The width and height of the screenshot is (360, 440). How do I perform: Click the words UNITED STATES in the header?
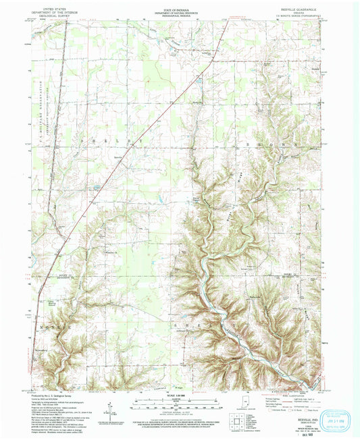tap(48, 3)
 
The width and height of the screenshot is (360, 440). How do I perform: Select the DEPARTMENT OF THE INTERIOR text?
tap(48, 7)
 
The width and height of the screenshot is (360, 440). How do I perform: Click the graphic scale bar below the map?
tap(180, 402)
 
